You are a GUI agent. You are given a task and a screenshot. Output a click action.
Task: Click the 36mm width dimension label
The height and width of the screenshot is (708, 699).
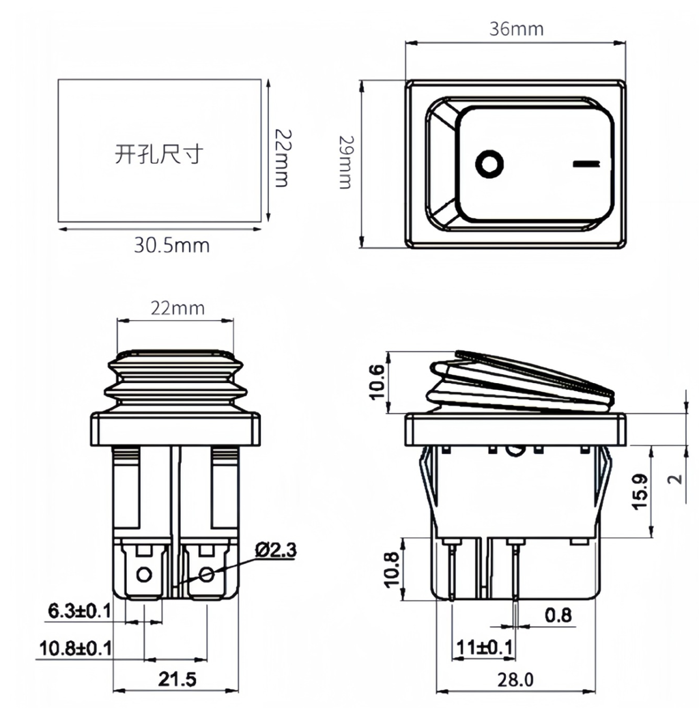(516, 29)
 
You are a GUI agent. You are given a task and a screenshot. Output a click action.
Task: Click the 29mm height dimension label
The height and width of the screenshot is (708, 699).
(345, 162)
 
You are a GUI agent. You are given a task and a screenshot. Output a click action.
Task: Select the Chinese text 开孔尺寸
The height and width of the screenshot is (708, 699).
(158, 154)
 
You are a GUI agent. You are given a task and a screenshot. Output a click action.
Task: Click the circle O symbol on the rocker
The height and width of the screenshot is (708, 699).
(489, 164)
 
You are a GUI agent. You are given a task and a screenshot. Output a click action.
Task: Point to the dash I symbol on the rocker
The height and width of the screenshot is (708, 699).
(586, 164)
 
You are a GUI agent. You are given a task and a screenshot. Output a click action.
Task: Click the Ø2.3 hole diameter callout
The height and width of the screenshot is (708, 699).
(277, 549)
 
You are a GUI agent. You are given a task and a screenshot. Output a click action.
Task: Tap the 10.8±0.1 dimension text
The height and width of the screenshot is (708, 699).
(74, 647)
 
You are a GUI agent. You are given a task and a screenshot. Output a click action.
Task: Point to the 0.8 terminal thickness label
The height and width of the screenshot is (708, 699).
(558, 616)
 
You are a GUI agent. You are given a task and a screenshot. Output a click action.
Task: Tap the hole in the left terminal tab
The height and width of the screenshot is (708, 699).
(144, 574)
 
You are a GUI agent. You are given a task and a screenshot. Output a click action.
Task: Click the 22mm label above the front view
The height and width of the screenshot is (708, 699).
(177, 308)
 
